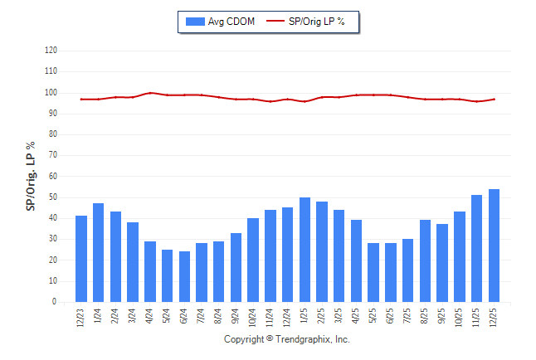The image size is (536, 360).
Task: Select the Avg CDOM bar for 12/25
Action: click(494, 246)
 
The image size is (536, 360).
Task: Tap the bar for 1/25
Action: click(305, 250)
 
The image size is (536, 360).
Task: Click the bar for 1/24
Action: click(99, 253)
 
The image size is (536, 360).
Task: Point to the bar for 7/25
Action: click(407, 270)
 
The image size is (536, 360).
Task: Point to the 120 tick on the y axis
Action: click(51, 51)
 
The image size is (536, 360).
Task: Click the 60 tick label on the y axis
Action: click(52, 177)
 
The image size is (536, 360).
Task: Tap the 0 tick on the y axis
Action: click(55, 302)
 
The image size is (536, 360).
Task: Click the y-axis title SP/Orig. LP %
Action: click(31, 176)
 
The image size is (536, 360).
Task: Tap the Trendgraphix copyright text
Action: click(287, 339)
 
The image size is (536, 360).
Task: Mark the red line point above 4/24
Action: click(150, 93)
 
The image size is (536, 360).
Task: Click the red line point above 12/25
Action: click(494, 100)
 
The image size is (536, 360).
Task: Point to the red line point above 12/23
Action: click(81, 100)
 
